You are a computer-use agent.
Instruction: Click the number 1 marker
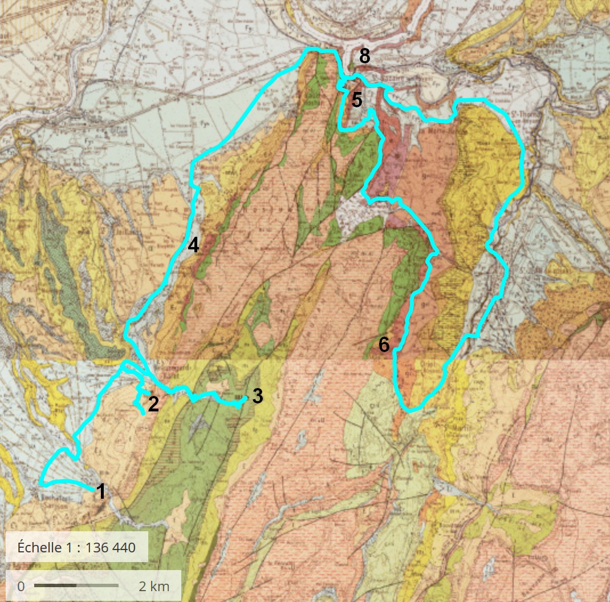pos(101,491)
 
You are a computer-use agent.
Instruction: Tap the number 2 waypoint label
pos(153,404)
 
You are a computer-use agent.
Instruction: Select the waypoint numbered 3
pos(257,396)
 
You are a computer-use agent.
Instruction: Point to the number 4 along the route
pos(193,245)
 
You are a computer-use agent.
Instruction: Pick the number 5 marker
pos(357,100)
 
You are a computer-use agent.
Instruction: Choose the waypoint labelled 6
pos(384,345)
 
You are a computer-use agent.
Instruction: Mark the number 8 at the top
pos(365,56)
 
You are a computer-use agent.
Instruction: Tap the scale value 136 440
pos(111,548)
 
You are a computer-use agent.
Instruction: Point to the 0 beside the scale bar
pos(21,587)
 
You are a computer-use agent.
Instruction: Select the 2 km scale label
pos(154,587)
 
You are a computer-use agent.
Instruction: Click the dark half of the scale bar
pos(55,585)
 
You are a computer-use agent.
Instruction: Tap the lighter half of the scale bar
pos(97,585)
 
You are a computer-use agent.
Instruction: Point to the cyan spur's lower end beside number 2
pos(142,413)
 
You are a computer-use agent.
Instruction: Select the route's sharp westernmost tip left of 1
pos(41,483)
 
